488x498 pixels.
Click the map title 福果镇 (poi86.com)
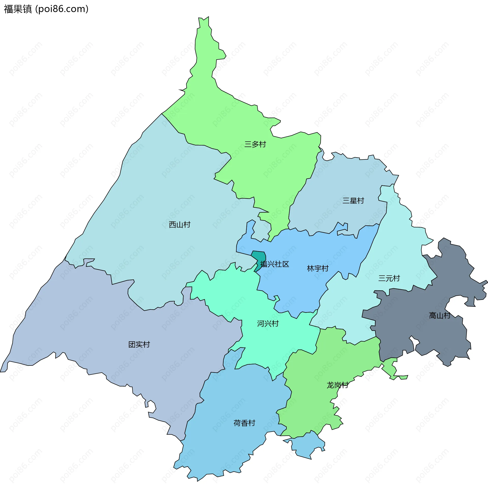pyautogui.click(x=46, y=9)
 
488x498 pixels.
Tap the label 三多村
pyautogui.click(x=255, y=144)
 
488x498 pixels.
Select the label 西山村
pyautogui.click(x=179, y=225)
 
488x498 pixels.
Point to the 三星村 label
pyautogui.click(x=353, y=201)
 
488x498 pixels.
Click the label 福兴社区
pyautogui.click(x=274, y=264)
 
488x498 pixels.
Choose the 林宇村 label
pyautogui.click(x=317, y=269)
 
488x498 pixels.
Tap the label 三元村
pyautogui.click(x=389, y=279)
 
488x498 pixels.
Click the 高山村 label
pyautogui.click(x=439, y=316)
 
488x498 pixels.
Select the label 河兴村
pyautogui.click(x=268, y=324)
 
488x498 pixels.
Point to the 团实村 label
pyautogui.click(x=139, y=345)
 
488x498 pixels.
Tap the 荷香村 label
pyautogui.click(x=244, y=423)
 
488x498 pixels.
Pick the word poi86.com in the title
pyautogui.click(x=62, y=9)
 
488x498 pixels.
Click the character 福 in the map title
pyautogui.click(x=8, y=9)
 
